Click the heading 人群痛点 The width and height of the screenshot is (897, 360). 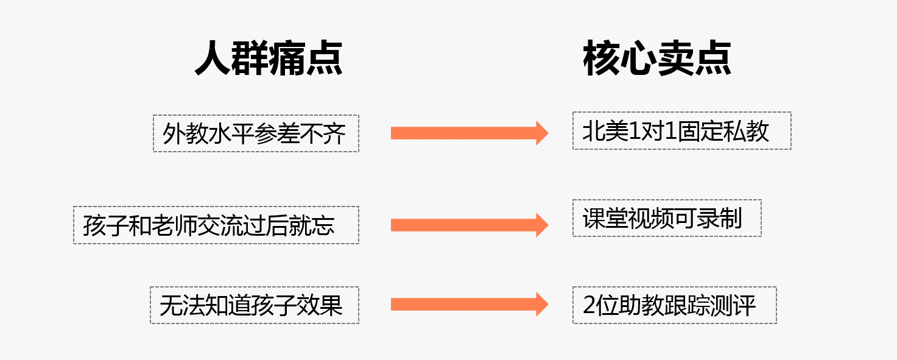click(x=269, y=58)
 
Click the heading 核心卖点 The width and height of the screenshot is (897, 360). click(x=657, y=58)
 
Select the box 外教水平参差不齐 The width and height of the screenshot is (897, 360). click(x=256, y=133)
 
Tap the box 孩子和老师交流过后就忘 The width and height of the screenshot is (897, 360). click(x=216, y=225)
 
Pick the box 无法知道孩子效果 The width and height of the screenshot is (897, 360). click(x=255, y=305)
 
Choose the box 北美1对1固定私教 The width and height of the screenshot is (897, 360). click(x=681, y=131)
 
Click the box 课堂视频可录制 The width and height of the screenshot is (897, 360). click(x=667, y=218)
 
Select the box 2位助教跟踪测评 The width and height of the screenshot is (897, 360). click(x=674, y=305)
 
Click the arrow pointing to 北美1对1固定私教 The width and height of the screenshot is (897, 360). click(x=469, y=133)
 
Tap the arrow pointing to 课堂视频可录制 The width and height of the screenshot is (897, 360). click(x=469, y=225)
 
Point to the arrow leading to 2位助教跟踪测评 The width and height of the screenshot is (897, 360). click(x=469, y=304)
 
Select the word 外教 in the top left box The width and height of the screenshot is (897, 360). click(x=185, y=134)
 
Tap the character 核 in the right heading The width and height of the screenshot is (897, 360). click(x=601, y=58)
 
